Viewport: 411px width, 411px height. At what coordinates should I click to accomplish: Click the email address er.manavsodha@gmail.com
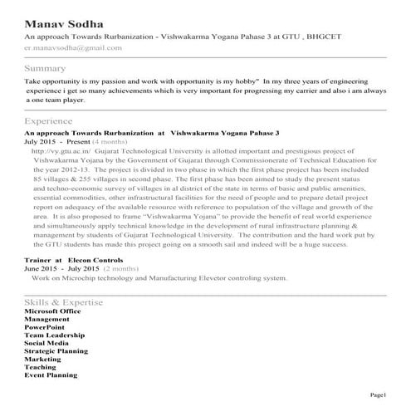tap(73, 48)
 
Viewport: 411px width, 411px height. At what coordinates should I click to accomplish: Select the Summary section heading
tap(46, 67)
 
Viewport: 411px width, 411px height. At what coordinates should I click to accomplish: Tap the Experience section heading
tap(49, 121)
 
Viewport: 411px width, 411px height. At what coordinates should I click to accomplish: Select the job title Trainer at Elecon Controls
tap(74, 261)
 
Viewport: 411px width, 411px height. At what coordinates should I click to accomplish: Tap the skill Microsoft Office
tap(54, 311)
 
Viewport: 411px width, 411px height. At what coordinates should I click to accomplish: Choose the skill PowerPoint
tap(46, 327)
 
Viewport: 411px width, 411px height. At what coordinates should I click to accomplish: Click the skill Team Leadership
tap(55, 335)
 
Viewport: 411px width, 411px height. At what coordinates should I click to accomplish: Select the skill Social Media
tap(46, 343)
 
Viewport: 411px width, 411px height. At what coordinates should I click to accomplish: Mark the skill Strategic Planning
tap(56, 351)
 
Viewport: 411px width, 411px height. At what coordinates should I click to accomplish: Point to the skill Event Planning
tap(51, 375)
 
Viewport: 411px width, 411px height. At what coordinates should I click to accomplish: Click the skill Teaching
tap(41, 367)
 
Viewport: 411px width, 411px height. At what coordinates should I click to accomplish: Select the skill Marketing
tap(43, 359)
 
